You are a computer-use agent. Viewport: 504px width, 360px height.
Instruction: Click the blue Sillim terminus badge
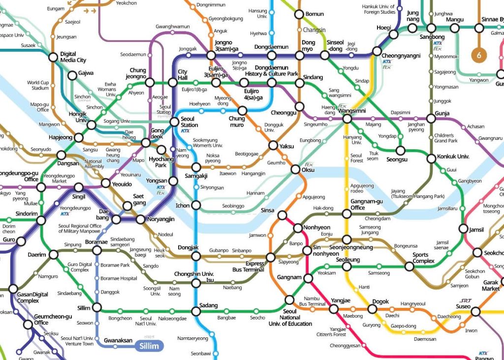[x=149, y=346]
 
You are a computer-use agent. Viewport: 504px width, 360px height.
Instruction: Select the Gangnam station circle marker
[x=309, y=279]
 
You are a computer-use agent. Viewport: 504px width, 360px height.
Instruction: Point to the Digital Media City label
[x=73, y=57]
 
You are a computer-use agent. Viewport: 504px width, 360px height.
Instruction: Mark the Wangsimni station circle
[x=346, y=119]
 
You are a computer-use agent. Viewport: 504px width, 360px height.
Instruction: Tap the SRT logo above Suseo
[x=466, y=301]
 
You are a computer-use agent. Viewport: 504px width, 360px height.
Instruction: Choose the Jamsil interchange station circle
[x=463, y=229]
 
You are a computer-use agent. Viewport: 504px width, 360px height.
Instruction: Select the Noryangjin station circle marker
[x=140, y=219]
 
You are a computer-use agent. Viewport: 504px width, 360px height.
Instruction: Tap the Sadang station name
[x=209, y=305]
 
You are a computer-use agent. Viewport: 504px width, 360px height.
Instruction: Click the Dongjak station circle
[x=196, y=257]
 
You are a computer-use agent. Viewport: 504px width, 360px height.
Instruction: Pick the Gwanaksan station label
[x=118, y=340]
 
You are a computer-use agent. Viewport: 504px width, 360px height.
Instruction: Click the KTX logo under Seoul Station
[x=186, y=131]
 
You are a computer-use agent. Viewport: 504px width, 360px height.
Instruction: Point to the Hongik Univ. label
[x=78, y=117]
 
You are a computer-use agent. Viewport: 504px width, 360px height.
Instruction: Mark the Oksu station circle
[x=295, y=170]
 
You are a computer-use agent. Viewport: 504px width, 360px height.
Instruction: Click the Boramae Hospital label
[x=119, y=279]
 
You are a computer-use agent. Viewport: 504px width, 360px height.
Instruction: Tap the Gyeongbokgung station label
[x=226, y=19]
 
